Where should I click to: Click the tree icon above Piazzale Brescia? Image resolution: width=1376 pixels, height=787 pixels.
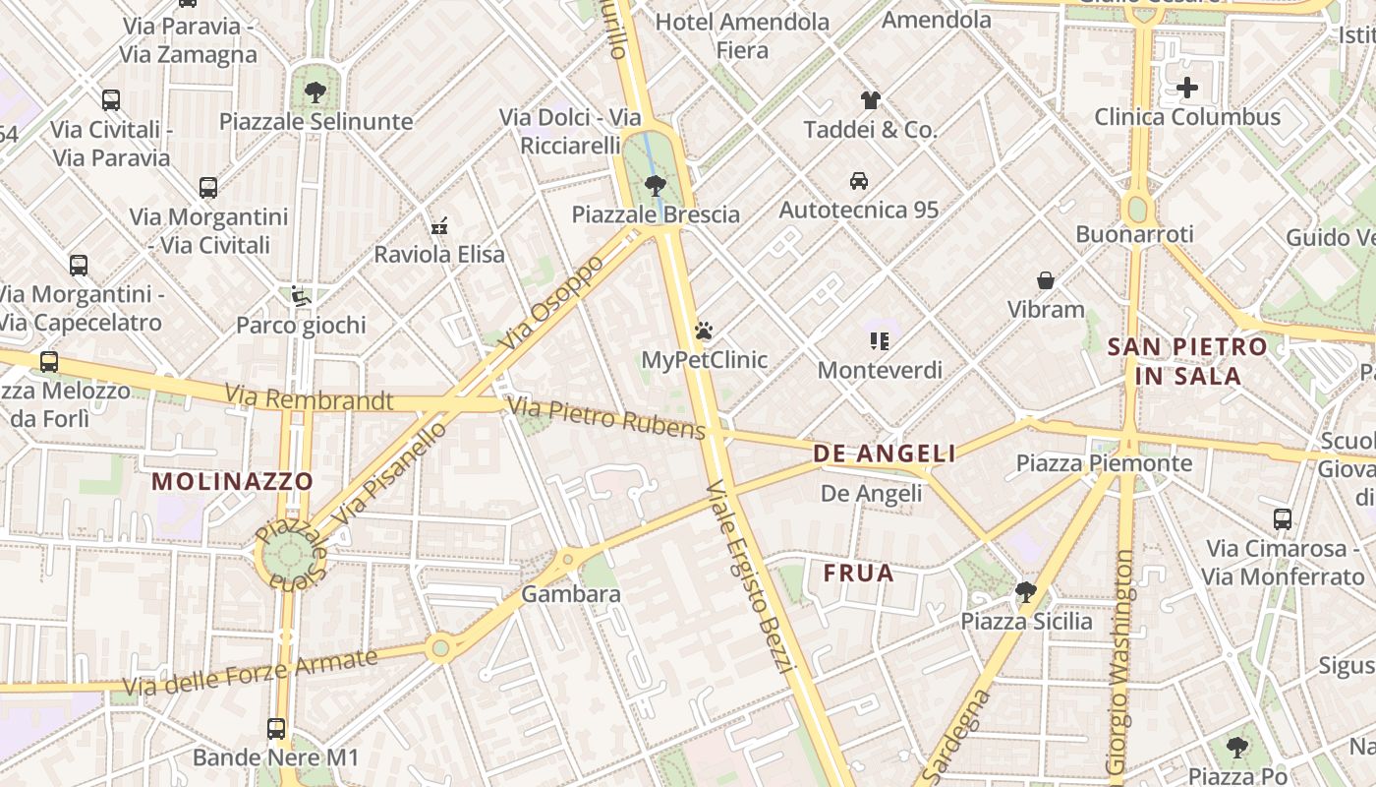(x=656, y=185)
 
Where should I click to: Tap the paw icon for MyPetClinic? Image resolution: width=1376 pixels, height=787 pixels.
(x=704, y=331)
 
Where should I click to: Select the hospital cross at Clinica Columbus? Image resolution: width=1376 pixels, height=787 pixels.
(x=1187, y=88)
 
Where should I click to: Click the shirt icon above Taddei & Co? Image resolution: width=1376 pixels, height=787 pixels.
(x=870, y=99)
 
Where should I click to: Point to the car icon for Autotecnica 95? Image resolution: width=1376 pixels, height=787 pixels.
(x=858, y=180)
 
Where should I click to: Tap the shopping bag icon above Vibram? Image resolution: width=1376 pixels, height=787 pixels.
(x=1046, y=280)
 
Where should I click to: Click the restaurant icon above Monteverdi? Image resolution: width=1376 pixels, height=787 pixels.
(x=880, y=341)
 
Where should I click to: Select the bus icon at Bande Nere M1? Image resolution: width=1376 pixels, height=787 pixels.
(x=276, y=729)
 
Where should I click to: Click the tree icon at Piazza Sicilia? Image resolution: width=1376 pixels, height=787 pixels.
(x=1025, y=591)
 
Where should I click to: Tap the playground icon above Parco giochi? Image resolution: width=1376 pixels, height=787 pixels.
(x=300, y=295)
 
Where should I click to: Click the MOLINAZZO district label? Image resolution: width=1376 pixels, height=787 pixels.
(x=233, y=482)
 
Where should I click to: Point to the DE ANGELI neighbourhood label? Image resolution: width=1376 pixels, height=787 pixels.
(x=885, y=454)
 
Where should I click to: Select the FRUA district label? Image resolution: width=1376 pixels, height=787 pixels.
(x=859, y=573)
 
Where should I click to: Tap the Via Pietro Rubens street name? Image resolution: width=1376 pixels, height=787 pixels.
(x=605, y=418)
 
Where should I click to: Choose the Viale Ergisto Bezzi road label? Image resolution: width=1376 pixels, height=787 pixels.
(x=750, y=576)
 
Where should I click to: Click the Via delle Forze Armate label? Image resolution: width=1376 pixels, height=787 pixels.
(x=250, y=673)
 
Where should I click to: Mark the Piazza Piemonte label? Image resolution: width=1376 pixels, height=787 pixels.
(x=1104, y=463)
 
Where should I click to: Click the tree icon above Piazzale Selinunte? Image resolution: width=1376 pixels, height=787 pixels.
(x=315, y=92)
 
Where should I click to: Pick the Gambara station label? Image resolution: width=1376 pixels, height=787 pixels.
(x=570, y=594)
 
